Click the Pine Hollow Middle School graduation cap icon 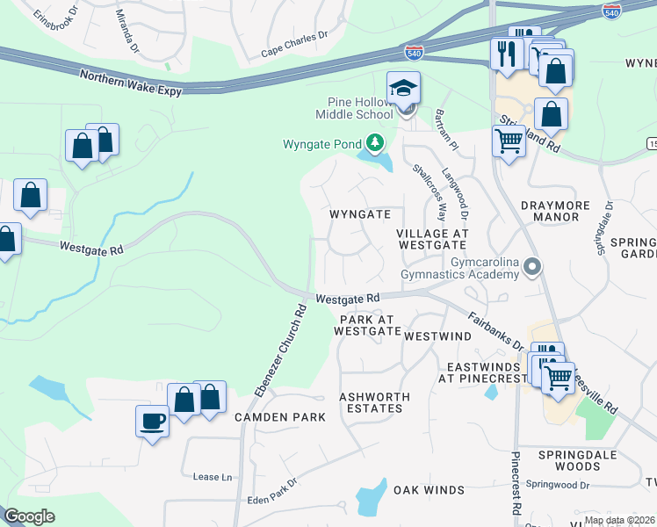[404, 88]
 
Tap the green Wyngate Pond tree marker [375, 142]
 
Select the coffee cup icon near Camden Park [152, 421]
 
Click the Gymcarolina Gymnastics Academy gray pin [531, 266]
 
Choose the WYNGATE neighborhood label [359, 214]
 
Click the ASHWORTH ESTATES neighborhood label [374, 403]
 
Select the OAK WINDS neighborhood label [429, 490]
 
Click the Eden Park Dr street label [273, 491]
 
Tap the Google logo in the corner [30, 516]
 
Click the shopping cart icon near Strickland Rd [509, 140]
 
